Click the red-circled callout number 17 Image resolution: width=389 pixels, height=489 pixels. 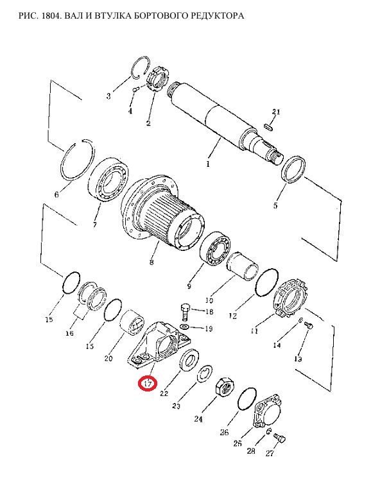pos(148,383)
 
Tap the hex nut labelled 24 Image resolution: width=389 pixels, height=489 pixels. pos(225,387)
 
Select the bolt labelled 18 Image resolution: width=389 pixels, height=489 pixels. pos(185,312)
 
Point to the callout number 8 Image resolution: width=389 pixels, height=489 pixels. pos(151,261)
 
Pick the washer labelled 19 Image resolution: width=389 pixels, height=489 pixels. pos(185,327)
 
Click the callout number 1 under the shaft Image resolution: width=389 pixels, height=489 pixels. pos(208,163)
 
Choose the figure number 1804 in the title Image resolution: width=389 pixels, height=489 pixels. pos(51,15)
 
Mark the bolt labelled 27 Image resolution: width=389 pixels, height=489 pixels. pos(279,438)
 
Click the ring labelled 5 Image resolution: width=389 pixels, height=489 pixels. pos(293,169)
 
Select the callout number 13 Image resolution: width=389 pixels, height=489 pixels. pos(298,359)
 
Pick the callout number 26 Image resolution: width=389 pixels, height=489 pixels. pos(224,432)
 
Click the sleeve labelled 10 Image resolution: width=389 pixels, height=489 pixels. pos(243,266)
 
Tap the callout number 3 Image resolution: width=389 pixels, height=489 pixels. pos(108,96)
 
